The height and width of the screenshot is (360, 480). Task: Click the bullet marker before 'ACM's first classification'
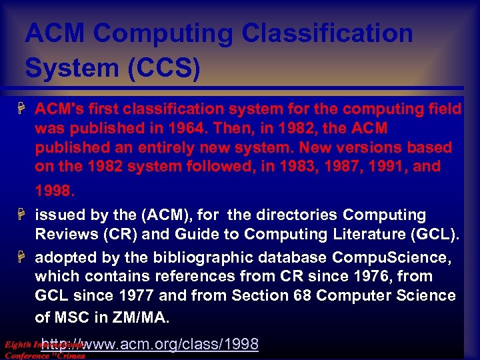coord(23,108)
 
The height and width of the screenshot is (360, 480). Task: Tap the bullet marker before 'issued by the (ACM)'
coord(23,215)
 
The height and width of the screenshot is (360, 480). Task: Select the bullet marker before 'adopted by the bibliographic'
coord(23,257)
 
